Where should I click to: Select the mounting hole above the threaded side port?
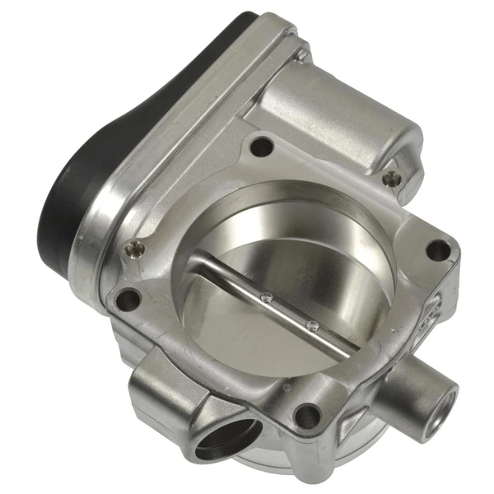tap(439, 249)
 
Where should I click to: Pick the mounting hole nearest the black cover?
tap(128, 299)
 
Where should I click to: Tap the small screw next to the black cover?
tap(129, 248)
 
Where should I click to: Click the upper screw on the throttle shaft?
tap(266, 296)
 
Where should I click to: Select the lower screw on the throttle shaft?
tap(310, 324)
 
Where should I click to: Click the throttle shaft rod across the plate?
tap(280, 305)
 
